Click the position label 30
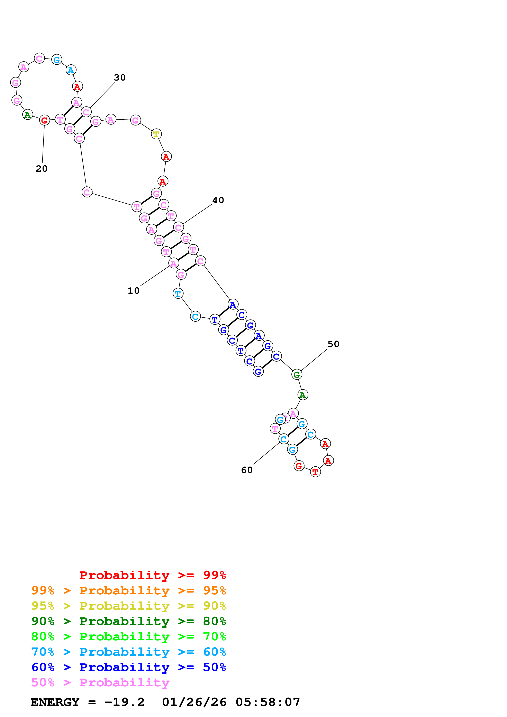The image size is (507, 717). click(120, 77)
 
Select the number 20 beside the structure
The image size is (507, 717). click(42, 169)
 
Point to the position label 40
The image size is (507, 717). click(218, 200)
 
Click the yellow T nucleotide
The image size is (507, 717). click(156, 134)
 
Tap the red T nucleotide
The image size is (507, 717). click(315, 472)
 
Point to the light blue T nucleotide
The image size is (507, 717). click(178, 294)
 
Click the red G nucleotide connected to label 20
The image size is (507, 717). click(44, 120)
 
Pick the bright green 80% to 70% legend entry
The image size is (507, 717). click(129, 636)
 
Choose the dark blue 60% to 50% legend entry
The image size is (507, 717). click(129, 667)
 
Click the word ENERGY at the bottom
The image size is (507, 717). click(55, 702)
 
